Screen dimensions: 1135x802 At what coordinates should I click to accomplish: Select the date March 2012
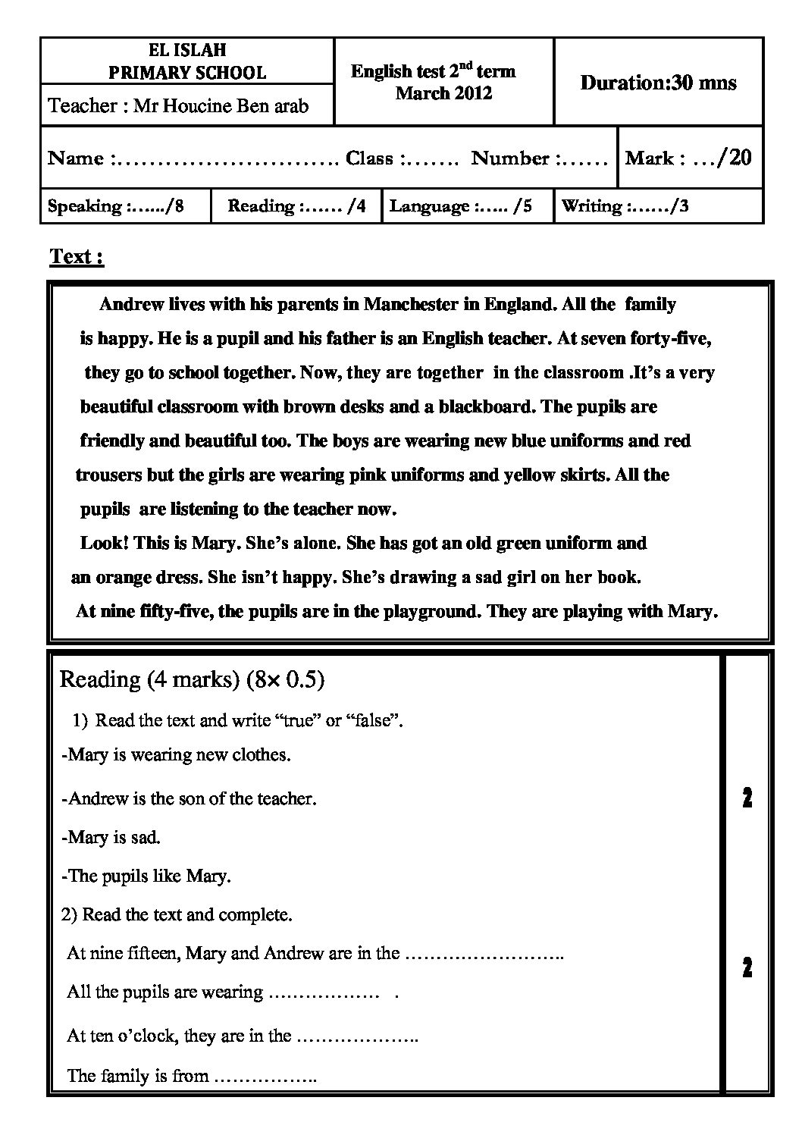tap(443, 93)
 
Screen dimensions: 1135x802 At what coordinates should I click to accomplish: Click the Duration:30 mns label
tap(658, 83)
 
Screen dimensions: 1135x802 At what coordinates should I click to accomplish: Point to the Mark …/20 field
tap(688, 158)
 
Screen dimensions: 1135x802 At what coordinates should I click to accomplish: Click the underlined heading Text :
tap(77, 257)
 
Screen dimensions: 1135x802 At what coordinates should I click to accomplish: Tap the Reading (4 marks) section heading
tap(192, 679)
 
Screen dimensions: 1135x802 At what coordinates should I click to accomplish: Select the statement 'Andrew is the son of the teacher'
tap(189, 798)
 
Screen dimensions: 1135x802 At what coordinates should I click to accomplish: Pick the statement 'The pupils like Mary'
tap(147, 876)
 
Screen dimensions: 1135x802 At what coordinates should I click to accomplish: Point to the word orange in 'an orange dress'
tap(121, 577)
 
